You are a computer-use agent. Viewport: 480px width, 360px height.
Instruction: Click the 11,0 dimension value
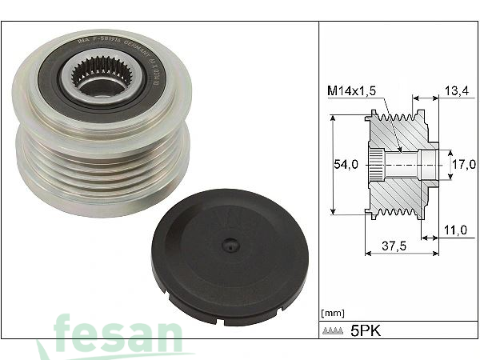(x=454, y=230)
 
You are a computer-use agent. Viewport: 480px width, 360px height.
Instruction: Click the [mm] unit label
(x=331, y=312)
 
